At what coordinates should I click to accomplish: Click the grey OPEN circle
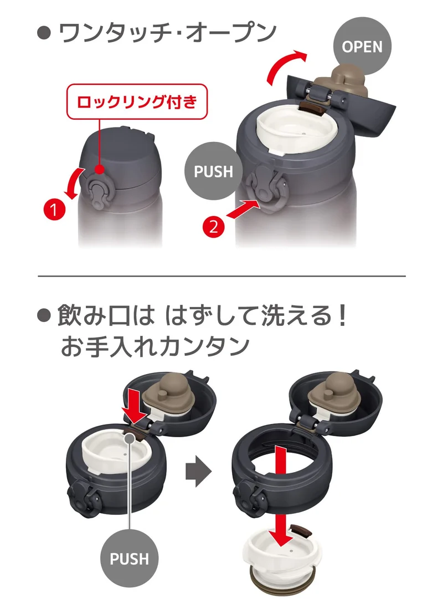pyautogui.click(x=362, y=46)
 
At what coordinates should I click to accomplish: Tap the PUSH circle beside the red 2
pyautogui.click(x=213, y=171)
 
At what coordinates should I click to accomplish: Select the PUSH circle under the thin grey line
pyautogui.click(x=129, y=559)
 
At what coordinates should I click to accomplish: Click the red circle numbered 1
pyautogui.click(x=54, y=209)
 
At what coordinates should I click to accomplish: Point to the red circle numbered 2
pyautogui.click(x=213, y=226)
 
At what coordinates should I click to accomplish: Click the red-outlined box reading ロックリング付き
pyautogui.click(x=137, y=101)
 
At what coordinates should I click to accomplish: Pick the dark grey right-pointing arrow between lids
pyautogui.click(x=198, y=471)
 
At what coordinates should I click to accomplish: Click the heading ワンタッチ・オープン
pyautogui.click(x=167, y=33)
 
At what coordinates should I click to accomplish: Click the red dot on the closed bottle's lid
pyautogui.click(x=100, y=170)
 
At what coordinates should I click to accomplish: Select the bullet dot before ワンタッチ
pyautogui.click(x=44, y=33)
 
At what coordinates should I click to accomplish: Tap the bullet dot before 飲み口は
pyautogui.click(x=44, y=315)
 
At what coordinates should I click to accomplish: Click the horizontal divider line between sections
pyautogui.click(x=221, y=276)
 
